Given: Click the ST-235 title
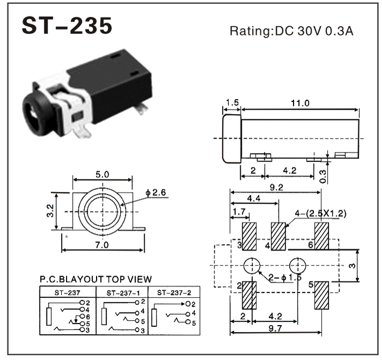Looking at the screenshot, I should pyautogui.click(x=67, y=26).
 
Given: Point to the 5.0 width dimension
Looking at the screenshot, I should pyautogui.click(x=103, y=175).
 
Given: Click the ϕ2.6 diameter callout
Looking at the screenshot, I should pyautogui.click(x=156, y=193).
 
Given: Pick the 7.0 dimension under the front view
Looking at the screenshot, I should pyautogui.click(x=103, y=244).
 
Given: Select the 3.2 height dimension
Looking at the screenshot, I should pyautogui.click(x=48, y=210).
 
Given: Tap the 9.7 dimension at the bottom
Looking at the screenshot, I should pyautogui.click(x=275, y=328).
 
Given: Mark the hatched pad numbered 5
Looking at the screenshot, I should pyautogui.click(x=321, y=295).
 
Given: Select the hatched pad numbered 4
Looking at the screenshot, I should pyautogui.click(x=279, y=236).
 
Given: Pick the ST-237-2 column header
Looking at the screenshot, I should pyautogui.click(x=174, y=292).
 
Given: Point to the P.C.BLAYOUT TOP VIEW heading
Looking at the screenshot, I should pyautogui.click(x=95, y=279).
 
